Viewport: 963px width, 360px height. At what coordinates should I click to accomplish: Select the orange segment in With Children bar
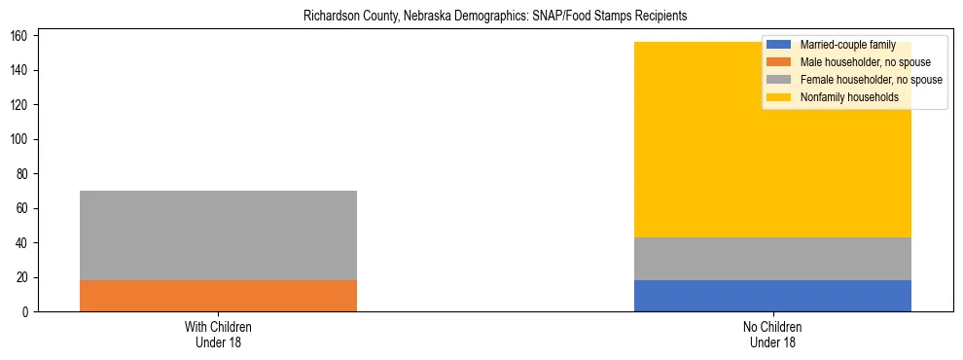pyautogui.click(x=218, y=296)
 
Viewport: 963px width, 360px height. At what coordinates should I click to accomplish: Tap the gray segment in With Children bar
pyautogui.click(x=218, y=235)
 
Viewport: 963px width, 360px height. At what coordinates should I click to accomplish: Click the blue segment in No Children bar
pyautogui.click(x=772, y=296)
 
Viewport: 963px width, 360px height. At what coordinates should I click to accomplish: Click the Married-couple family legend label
pyautogui.click(x=847, y=45)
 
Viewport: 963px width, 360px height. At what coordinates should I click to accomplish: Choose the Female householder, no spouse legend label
pyautogui.click(x=871, y=80)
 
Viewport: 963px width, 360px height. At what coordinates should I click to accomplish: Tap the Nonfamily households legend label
pyautogui.click(x=849, y=97)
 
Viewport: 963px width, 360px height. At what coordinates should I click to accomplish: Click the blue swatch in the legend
pyautogui.click(x=779, y=45)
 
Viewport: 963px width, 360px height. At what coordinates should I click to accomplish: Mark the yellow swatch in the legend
pyautogui.click(x=779, y=97)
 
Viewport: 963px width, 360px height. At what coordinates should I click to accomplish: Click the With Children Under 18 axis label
pyautogui.click(x=218, y=335)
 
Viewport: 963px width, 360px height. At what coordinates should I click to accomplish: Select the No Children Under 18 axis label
pyautogui.click(x=772, y=335)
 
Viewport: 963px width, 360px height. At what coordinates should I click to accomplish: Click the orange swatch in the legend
pyautogui.click(x=779, y=62)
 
